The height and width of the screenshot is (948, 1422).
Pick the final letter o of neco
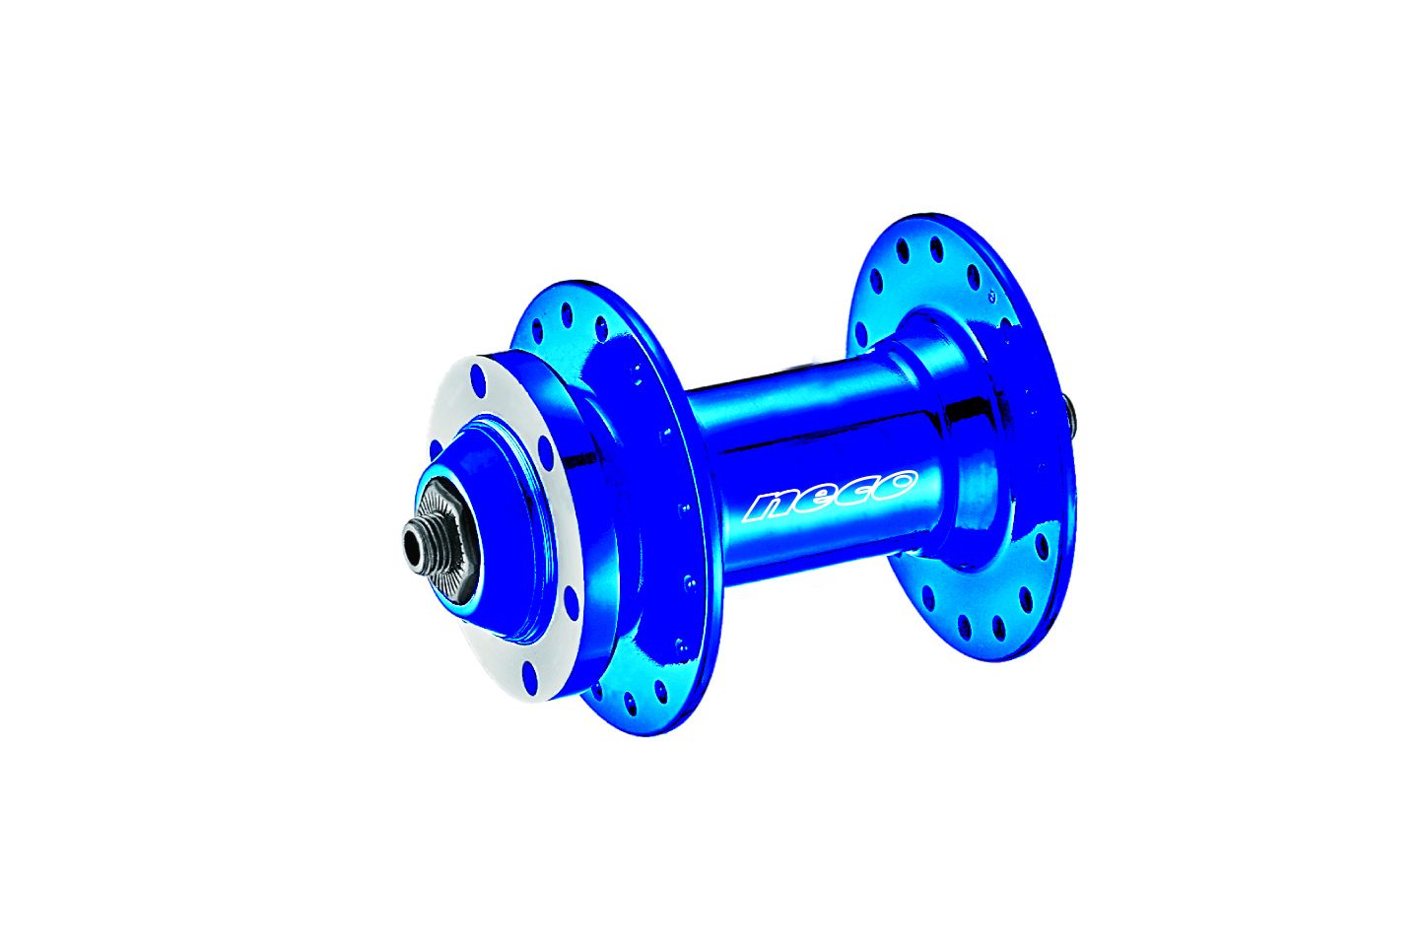point(894,483)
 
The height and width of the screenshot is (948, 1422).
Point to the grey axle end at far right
point(1071,414)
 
